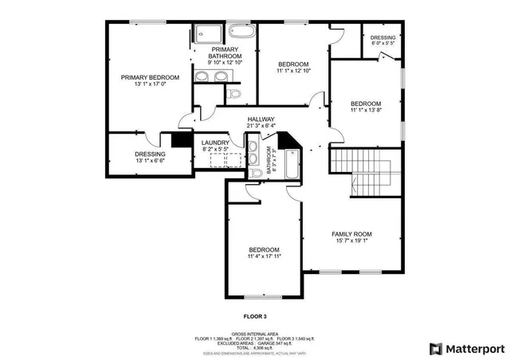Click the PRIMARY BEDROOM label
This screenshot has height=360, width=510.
click(150, 77)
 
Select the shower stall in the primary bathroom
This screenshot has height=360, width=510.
click(209, 33)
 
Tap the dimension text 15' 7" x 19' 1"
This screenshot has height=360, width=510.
click(351, 241)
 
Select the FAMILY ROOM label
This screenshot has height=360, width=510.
click(351, 234)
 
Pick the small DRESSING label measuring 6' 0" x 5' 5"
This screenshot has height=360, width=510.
click(382, 37)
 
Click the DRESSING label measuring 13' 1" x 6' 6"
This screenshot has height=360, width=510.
click(150, 154)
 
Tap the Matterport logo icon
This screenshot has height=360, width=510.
click(435, 348)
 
